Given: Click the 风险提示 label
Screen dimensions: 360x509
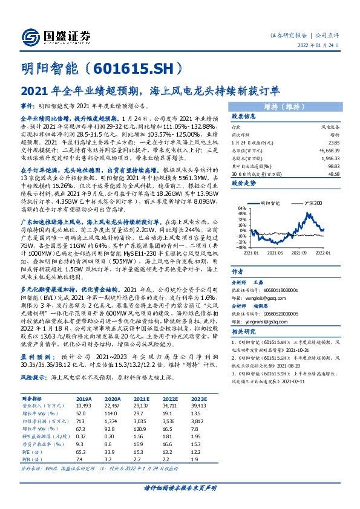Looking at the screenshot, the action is tap(34, 376).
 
